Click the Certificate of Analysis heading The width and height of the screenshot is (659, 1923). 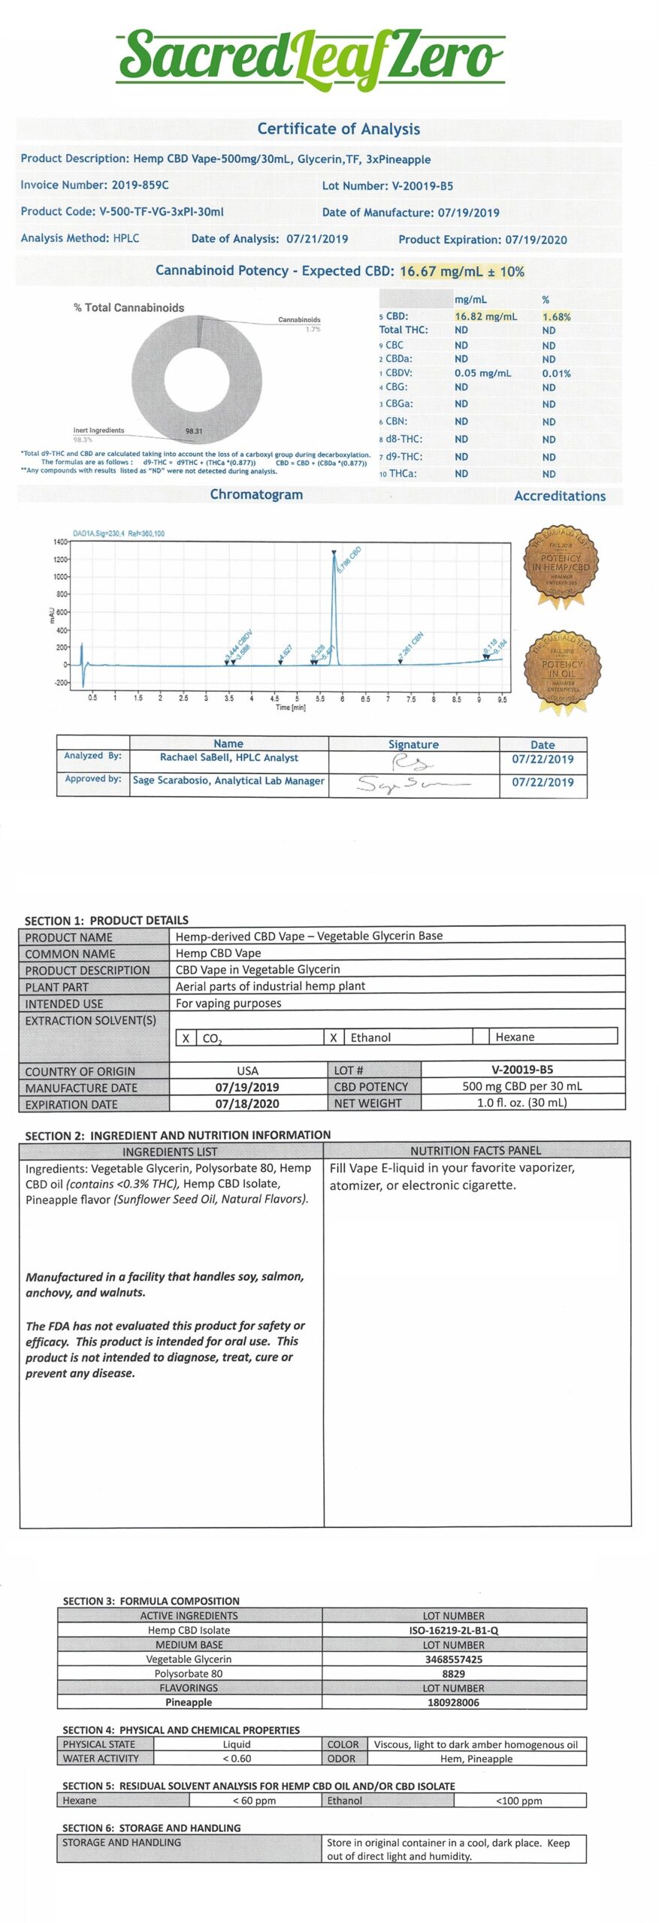click(x=338, y=128)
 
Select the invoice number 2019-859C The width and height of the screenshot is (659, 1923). click(x=140, y=185)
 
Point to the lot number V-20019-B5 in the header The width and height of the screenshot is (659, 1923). click(x=422, y=186)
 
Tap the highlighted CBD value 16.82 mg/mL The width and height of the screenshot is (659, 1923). click(x=485, y=316)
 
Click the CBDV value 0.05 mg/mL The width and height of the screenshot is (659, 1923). click(x=482, y=373)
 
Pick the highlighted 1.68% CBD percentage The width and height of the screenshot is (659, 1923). click(x=556, y=317)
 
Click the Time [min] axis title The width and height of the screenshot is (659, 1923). click(x=291, y=708)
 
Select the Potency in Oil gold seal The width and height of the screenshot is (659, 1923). click(x=561, y=669)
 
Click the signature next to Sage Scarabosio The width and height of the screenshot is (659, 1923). click(x=413, y=784)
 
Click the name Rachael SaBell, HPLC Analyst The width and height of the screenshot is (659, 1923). click(x=228, y=758)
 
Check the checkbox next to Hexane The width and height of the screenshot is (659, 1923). click(x=481, y=1037)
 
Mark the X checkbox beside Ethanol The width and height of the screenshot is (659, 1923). click(x=333, y=1037)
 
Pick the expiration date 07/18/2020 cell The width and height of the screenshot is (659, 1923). click(x=247, y=1103)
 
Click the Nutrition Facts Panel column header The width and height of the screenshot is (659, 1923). click(x=475, y=1150)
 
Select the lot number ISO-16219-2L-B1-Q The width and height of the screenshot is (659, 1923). click(x=453, y=1631)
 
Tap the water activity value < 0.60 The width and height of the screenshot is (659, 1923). click(x=237, y=1758)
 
